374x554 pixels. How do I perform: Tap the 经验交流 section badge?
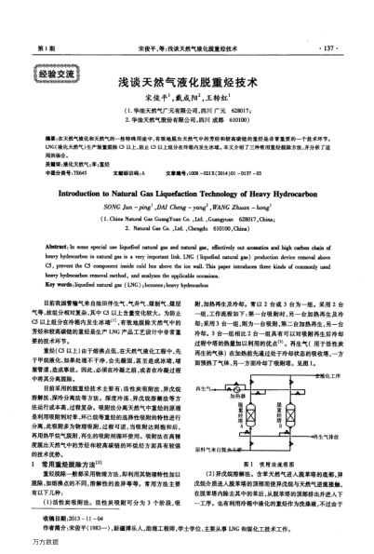pos(59,68)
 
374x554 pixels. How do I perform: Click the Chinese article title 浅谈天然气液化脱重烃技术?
pos(186,82)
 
